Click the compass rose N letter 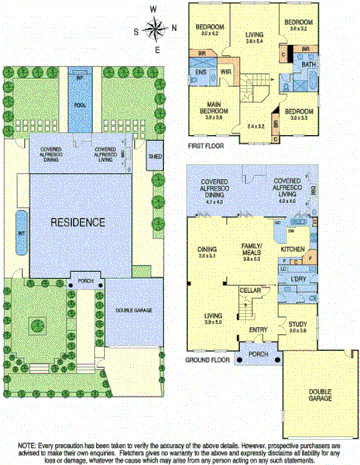tap(156, 8)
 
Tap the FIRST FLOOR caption tap(205, 145)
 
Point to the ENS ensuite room tap(201, 72)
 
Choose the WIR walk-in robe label tap(226, 72)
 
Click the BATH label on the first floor tap(309, 64)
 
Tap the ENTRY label tap(257, 329)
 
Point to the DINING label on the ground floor tap(208, 250)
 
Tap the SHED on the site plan tap(155, 156)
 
